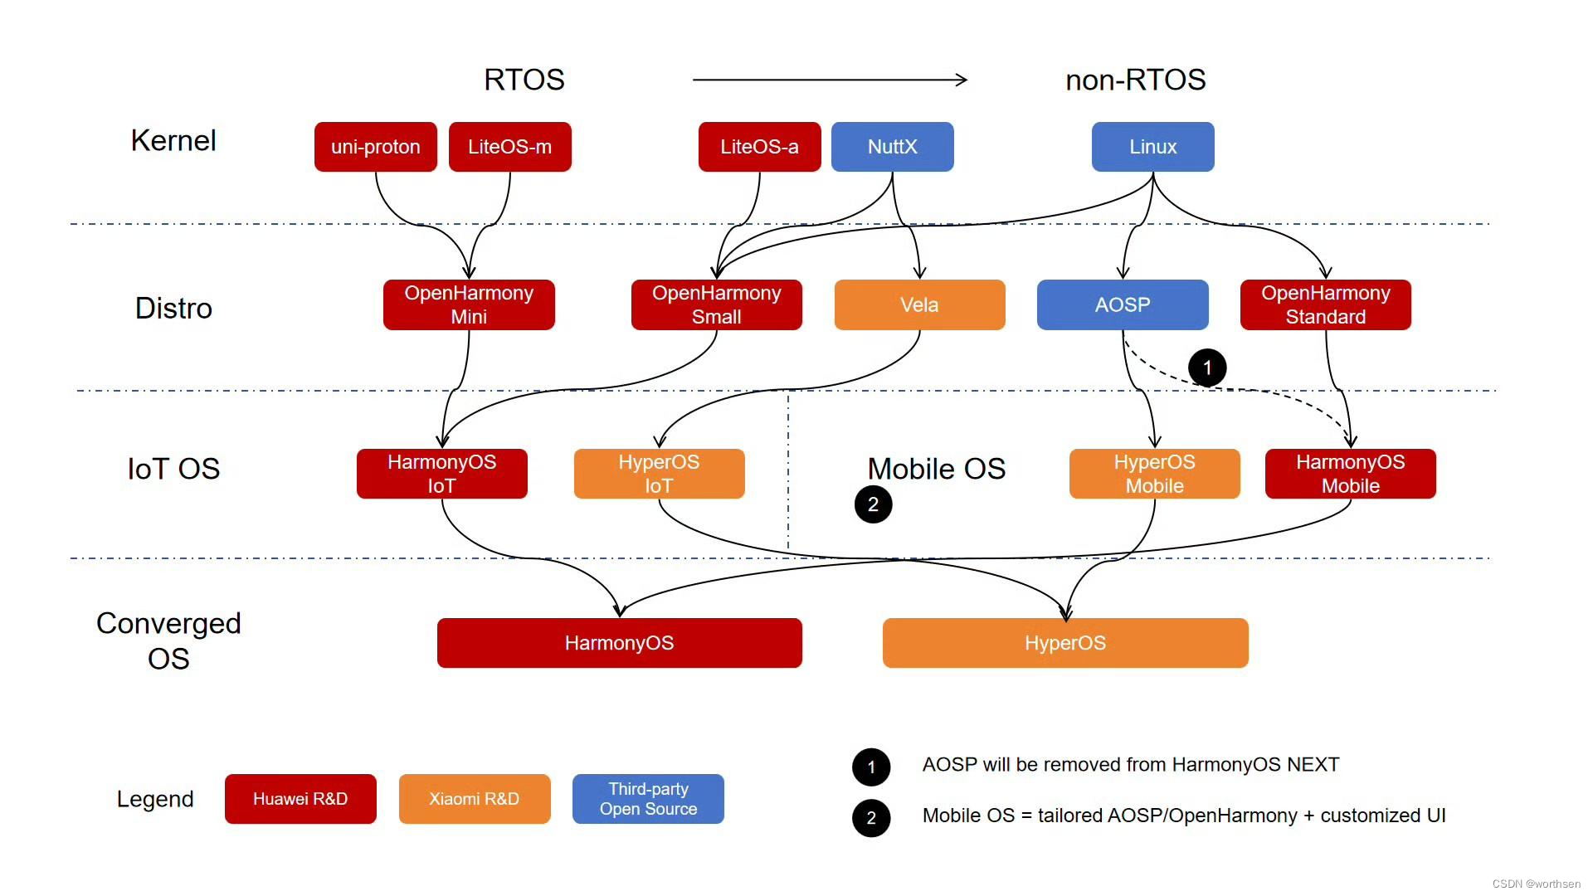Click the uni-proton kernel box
(375, 147)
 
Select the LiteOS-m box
(509, 147)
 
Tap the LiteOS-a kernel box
(759, 147)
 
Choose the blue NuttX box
(892, 147)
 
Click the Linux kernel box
(1152, 147)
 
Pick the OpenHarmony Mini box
(469, 304)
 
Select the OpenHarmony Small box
(716, 304)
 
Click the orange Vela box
(919, 304)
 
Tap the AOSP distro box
(1122, 304)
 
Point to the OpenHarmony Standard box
(1325, 304)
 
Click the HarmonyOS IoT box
(441, 474)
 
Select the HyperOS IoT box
(659, 474)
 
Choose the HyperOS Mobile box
(1154, 474)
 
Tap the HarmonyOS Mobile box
(1350, 474)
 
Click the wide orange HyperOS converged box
(1065, 643)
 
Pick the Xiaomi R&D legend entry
(474, 799)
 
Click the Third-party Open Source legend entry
(648, 799)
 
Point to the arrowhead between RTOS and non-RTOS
(962, 80)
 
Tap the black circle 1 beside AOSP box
(1207, 368)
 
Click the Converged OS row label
(168, 640)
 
